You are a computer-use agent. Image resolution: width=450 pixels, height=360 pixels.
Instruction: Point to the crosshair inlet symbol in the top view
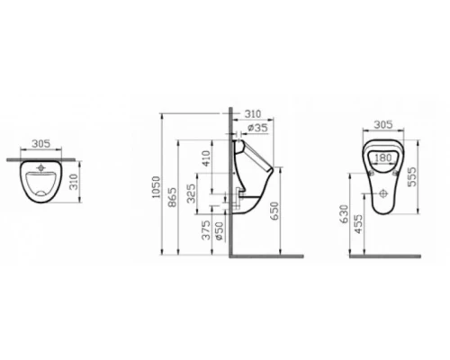pos(42,169)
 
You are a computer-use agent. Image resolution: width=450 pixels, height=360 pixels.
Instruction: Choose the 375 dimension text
pos(205,232)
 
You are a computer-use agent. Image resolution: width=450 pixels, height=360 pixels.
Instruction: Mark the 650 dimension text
pos(287,212)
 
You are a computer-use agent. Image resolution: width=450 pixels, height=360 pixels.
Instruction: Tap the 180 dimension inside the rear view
pos(383,156)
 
